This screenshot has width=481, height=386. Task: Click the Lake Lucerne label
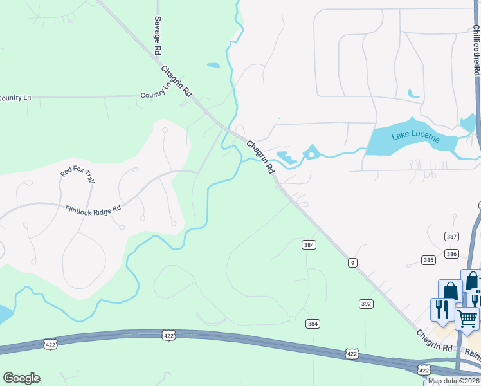click(x=415, y=138)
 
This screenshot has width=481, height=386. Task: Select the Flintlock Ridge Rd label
click(x=93, y=208)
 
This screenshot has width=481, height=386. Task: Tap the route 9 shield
click(x=352, y=262)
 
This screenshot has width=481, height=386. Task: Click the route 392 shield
click(x=366, y=303)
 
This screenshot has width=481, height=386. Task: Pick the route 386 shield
click(x=451, y=254)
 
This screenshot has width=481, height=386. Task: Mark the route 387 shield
click(x=451, y=237)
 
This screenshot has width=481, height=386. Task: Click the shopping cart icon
click(x=467, y=317)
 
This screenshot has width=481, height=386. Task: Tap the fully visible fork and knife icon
click(x=442, y=309)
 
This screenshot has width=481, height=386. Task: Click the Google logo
click(x=21, y=378)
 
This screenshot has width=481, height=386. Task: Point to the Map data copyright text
click(x=453, y=381)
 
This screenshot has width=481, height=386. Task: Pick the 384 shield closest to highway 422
click(x=313, y=324)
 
